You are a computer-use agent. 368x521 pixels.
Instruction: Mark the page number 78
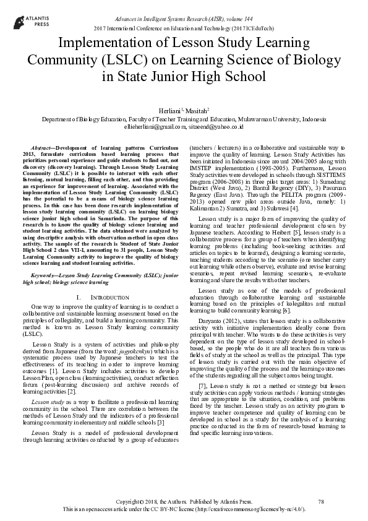[320, 501]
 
